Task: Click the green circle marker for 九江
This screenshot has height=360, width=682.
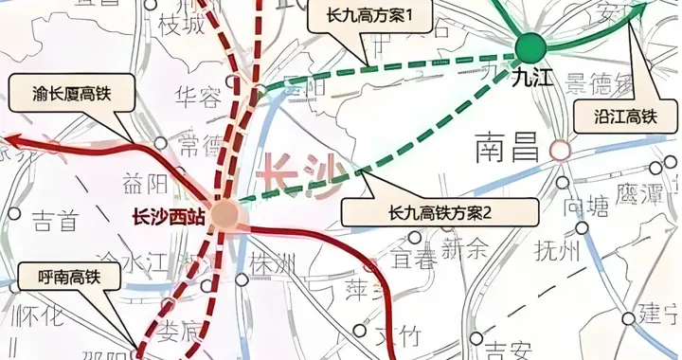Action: (x=530, y=45)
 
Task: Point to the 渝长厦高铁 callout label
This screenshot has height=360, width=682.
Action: (x=67, y=94)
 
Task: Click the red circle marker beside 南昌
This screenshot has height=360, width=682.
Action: (x=561, y=149)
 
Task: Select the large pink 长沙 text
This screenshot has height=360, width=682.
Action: (x=299, y=176)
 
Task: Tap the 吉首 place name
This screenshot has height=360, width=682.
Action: (x=54, y=221)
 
